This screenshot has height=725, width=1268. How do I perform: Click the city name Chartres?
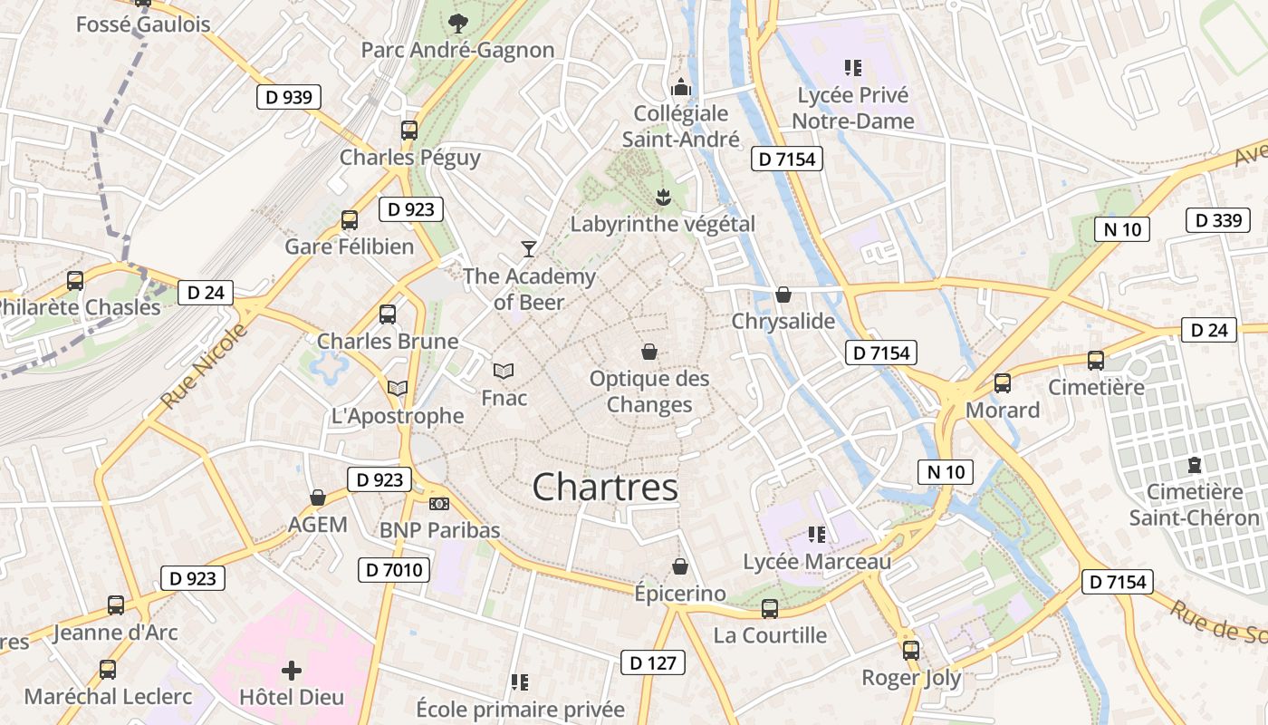click(605, 488)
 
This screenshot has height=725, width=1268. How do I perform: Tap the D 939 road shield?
click(290, 97)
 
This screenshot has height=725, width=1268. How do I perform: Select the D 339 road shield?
click(1217, 220)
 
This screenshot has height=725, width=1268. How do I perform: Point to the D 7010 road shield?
click(394, 570)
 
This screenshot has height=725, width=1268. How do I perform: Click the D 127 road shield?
click(652, 662)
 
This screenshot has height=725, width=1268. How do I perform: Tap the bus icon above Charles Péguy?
click(409, 130)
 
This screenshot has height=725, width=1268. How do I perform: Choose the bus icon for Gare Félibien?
click(350, 220)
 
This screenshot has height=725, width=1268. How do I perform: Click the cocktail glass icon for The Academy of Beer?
click(529, 248)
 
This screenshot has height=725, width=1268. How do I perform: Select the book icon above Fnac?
click(504, 371)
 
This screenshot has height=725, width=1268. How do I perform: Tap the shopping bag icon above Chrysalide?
click(783, 295)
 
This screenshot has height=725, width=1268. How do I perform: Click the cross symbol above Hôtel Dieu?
click(292, 671)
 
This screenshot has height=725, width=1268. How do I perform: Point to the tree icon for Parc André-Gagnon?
click(459, 23)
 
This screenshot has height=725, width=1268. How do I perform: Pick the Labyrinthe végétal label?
click(662, 224)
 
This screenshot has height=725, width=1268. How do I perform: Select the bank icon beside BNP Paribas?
click(439, 504)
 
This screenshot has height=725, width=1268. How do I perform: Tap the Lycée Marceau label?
click(817, 562)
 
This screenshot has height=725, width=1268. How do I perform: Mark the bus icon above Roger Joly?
click(911, 650)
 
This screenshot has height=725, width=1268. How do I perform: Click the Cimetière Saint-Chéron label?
click(1194, 505)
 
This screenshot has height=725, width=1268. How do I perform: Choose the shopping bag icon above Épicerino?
click(680, 567)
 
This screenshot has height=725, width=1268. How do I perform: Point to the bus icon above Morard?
click(1003, 383)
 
